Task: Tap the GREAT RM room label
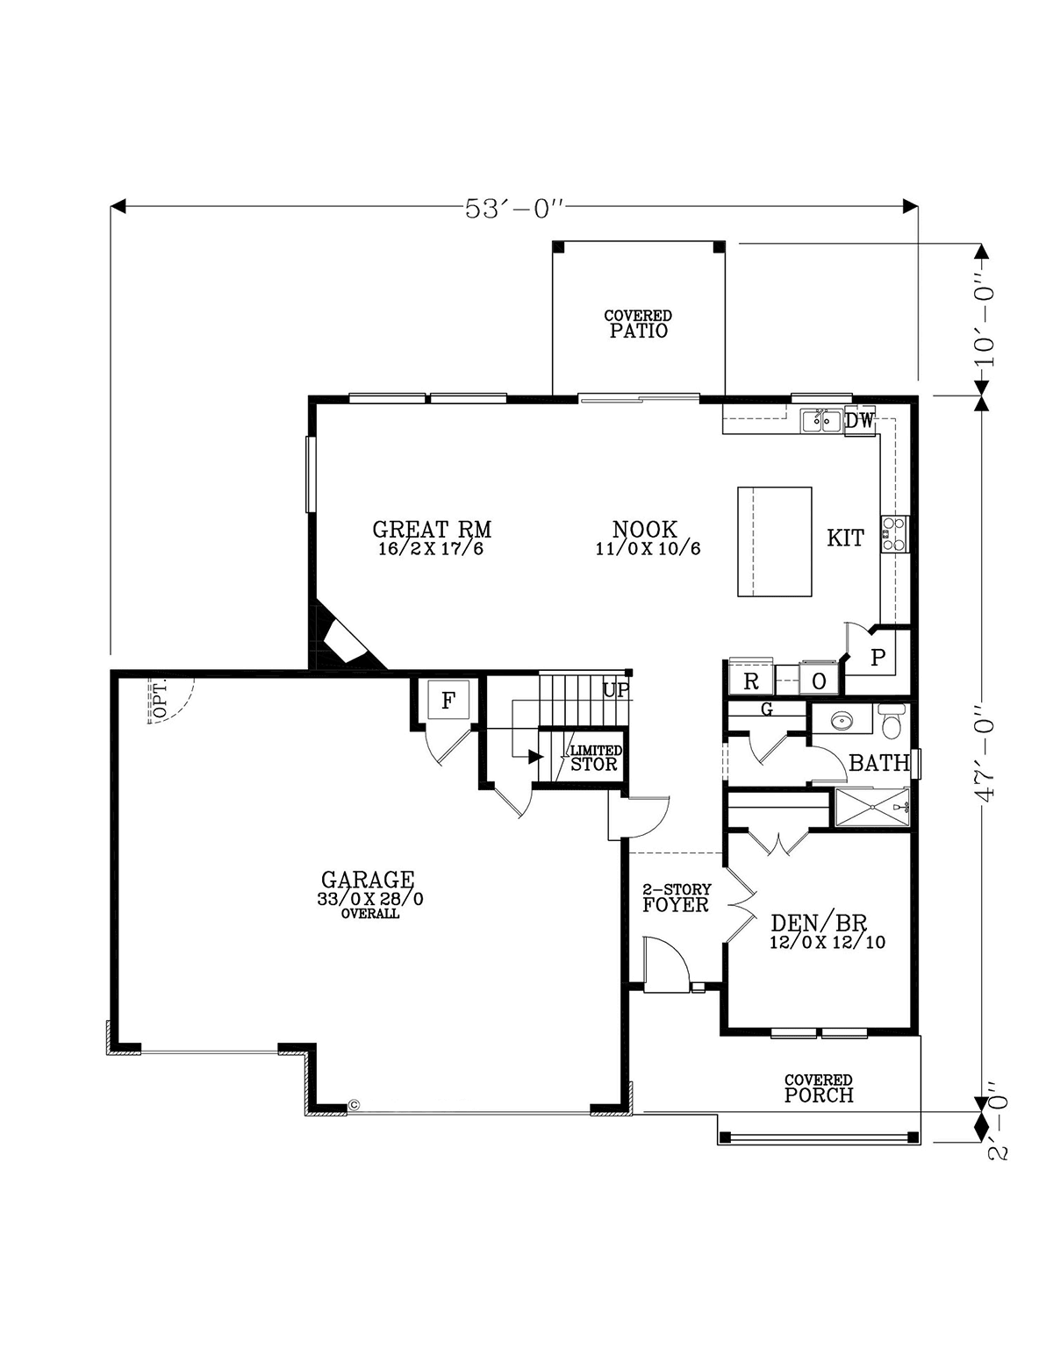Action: (432, 529)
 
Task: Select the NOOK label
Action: (645, 530)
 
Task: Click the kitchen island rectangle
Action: (774, 541)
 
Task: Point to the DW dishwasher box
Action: (859, 421)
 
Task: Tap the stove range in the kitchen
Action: (894, 533)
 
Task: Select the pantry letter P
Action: (878, 657)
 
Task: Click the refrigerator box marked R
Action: (751, 681)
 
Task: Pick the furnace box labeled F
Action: (448, 700)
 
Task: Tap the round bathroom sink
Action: (841, 722)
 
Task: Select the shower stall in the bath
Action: (871, 808)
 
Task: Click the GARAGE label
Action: (368, 880)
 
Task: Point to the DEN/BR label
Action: (819, 923)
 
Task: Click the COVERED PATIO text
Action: (638, 324)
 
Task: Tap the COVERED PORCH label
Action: (819, 1088)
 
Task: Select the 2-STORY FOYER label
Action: (676, 897)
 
